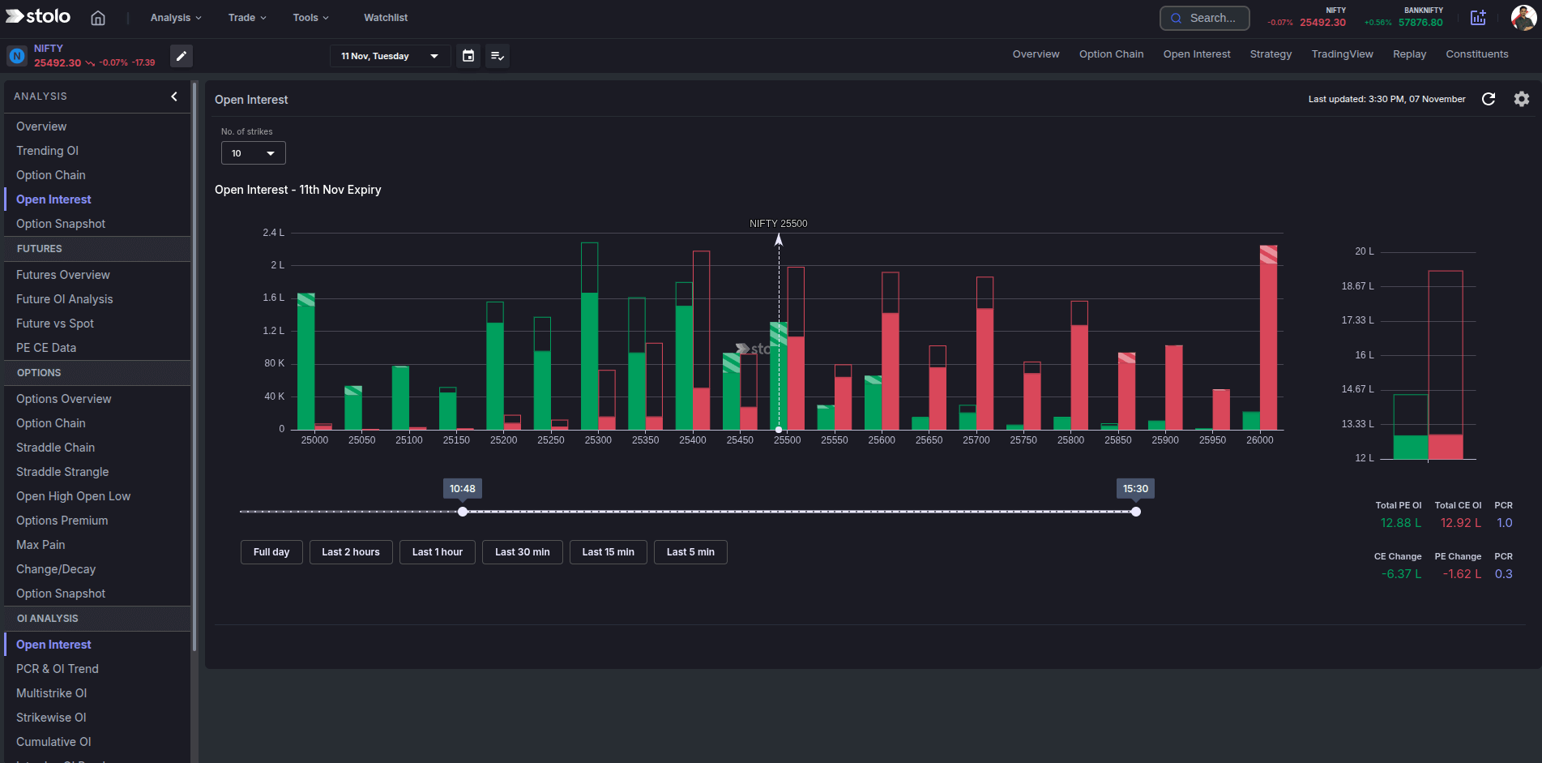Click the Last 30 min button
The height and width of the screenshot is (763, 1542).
[x=522, y=552]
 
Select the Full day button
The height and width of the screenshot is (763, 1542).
[x=271, y=552]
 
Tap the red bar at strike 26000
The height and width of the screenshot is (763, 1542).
[x=1268, y=341]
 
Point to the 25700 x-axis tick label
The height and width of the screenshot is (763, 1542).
[x=976, y=440]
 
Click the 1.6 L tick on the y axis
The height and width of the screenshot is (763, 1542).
[x=273, y=298]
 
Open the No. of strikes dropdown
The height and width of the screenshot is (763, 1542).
[x=253, y=153]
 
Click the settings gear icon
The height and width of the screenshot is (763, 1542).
[x=1521, y=99]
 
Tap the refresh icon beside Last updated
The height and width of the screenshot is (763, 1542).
[x=1488, y=99]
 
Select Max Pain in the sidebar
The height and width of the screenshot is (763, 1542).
[x=41, y=545]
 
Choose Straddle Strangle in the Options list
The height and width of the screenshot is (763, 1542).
[x=62, y=472]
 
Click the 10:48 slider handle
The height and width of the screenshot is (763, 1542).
[x=463, y=512]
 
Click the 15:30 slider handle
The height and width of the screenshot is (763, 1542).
[x=1135, y=512]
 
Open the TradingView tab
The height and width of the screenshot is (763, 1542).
[x=1342, y=54]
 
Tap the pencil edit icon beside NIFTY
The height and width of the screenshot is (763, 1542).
[x=182, y=56]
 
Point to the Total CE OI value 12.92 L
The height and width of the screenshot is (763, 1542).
[x=1460, y=523]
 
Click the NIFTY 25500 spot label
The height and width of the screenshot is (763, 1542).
[x=778, y=224]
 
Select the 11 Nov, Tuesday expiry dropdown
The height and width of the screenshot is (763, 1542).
[x=389, y=56]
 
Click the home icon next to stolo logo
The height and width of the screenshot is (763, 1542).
[x=98, y=18]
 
